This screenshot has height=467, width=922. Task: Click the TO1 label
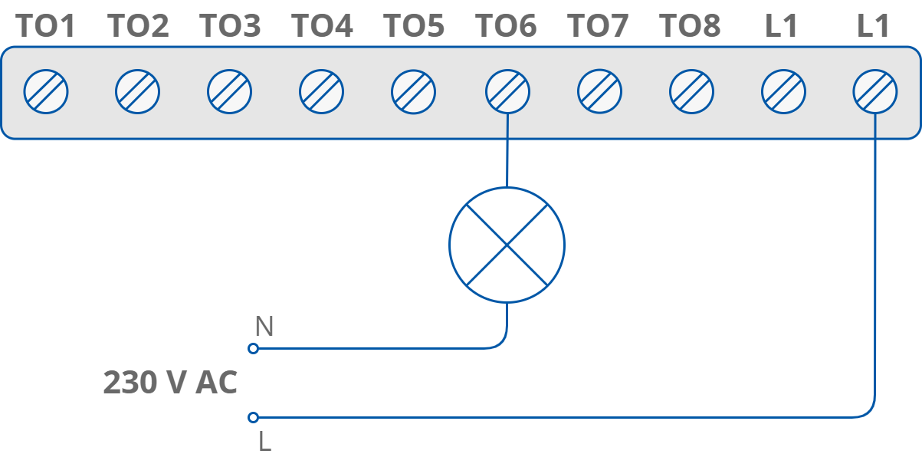tap(46, 26)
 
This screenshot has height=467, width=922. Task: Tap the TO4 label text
tap(322, 26)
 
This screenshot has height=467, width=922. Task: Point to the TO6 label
tap(506, 26)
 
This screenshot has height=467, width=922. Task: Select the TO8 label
tap(690, 26)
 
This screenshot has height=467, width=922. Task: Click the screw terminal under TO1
tap(46, 92)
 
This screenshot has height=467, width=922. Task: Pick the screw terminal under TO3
tap(230, 92)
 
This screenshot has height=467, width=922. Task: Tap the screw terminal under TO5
tap(414, 92)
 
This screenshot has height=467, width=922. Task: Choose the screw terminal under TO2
tap(138, 92)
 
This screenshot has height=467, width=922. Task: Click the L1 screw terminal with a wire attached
tap(875, 92)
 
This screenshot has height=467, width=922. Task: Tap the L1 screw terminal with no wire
tap(783, 92)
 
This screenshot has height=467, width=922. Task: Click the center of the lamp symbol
tap(507, 245)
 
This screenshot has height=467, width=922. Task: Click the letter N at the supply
tap(264, 327)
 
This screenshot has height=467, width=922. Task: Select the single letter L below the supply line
tap(264, 442)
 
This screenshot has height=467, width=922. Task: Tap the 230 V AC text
tap(170, 383)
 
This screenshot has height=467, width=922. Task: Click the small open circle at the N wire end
tap(254, 348)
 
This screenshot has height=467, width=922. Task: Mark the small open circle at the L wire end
tap(254, 417)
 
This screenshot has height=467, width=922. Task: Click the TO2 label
tap(138, 26)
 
